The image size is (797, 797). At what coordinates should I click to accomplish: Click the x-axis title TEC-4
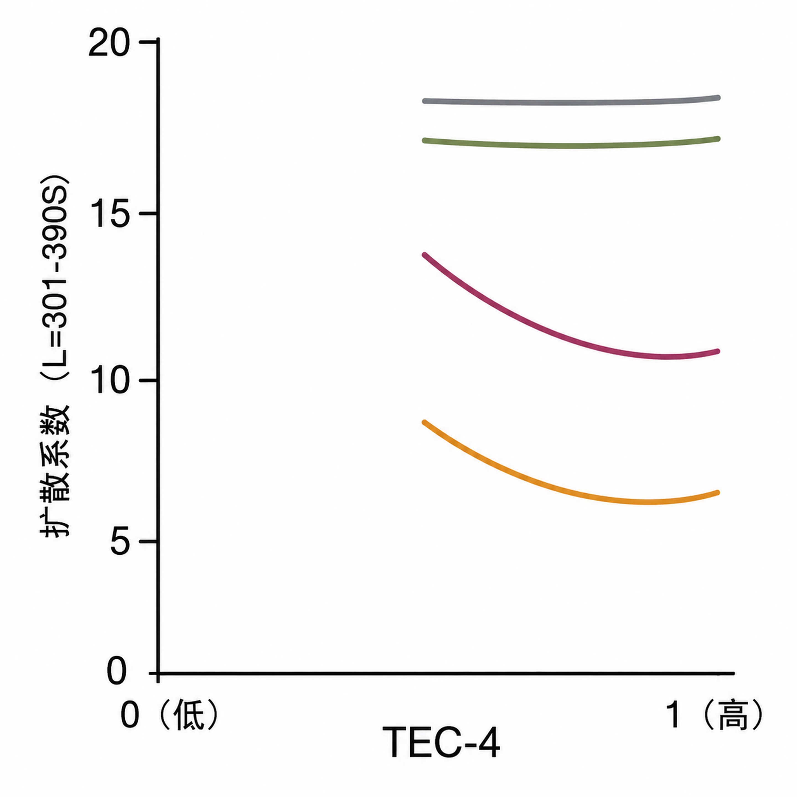pos(441,742)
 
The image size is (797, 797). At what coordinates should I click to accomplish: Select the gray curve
pos(571,102)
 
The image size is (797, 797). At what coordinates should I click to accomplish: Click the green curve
pos(571,145)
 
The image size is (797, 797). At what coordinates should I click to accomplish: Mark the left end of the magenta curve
pos(425,255)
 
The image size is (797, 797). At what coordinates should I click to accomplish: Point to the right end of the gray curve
pos(718,98)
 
